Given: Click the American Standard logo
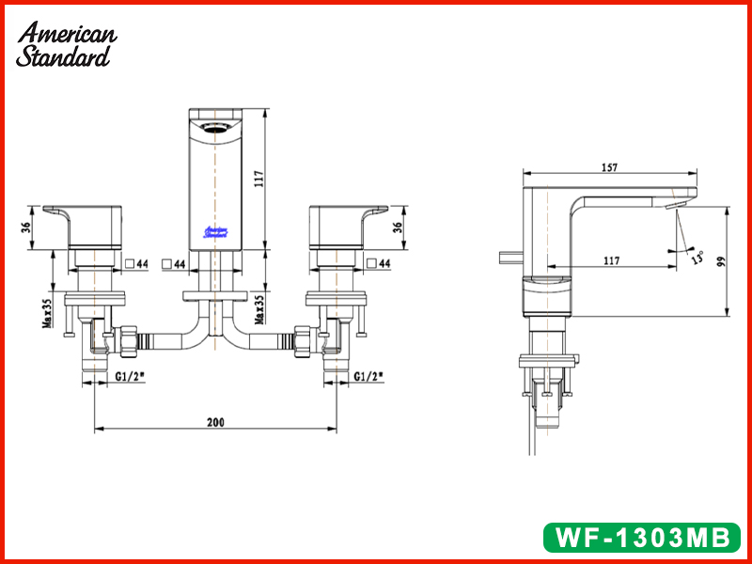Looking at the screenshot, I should [x=66, y=44].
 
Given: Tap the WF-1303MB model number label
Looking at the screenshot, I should [x=642, y=537].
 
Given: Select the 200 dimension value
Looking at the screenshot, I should [x=215, y=422].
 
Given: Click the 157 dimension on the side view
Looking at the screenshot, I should [x=608, y=167].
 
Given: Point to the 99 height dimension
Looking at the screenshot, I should [x=720, y=263].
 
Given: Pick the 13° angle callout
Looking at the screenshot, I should [x=697, y=256].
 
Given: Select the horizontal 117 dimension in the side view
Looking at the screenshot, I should [x=612, y=259].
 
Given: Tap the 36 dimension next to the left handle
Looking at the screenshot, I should [x=28, y=227].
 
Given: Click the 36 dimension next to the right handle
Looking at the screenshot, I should [x=399, y=227].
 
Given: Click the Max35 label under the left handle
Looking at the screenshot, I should [x=46, y=311].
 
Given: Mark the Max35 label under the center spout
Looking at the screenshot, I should [x=257, y=311].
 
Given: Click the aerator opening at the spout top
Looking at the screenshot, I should [x=217, y=126].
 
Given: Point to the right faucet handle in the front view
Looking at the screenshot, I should [x=344, y=226].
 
